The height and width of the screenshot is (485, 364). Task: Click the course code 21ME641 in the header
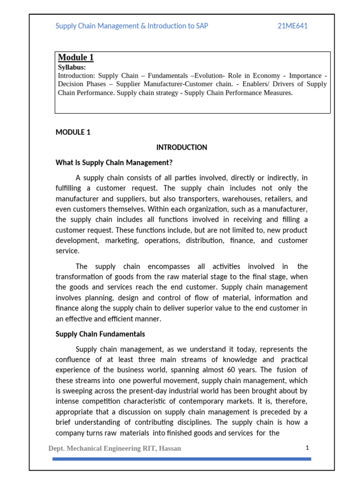(292, 26)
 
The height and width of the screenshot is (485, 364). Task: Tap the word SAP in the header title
(201, 26)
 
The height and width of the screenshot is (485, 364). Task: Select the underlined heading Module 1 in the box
(76, 57)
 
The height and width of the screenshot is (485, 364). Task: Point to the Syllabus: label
(72, 67)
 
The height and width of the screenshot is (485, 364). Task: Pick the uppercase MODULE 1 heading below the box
(73, 132)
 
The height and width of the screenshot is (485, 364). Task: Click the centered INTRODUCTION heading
(182, 147)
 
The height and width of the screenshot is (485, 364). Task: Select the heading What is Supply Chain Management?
(114, 162)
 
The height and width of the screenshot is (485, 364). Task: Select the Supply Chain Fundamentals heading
(100, 334)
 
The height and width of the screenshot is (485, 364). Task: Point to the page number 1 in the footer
(307, 447)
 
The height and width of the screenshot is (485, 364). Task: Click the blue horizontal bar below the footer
(182, 458)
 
